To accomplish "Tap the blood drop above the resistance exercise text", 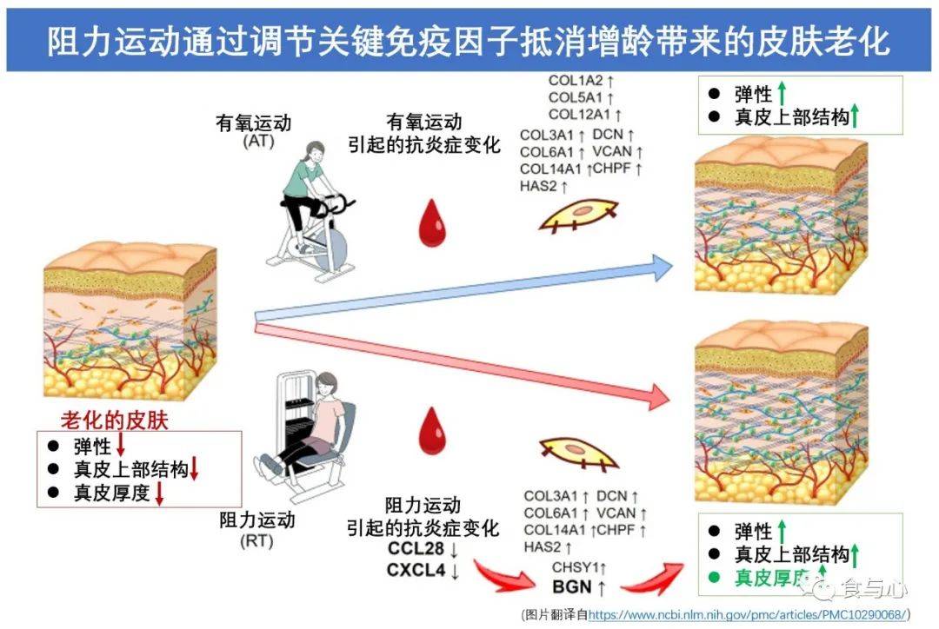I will (x=430, y=429).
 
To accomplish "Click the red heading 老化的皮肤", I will (x=114, y=420).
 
